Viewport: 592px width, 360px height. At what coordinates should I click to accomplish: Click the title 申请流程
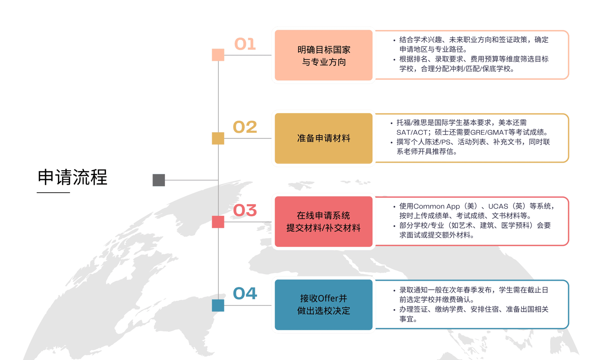72,177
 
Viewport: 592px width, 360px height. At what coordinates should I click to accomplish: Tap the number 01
245,44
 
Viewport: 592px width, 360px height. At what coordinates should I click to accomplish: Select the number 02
245,127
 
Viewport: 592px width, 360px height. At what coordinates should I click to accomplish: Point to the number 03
245,210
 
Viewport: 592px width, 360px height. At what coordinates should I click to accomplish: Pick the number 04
245,293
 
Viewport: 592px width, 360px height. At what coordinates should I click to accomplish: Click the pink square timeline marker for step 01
218,55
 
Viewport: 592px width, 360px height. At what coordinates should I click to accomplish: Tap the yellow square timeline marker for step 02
218,138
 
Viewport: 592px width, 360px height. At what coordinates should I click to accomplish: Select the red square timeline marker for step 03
218,222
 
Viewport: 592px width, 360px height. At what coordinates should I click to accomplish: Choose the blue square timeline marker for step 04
218,305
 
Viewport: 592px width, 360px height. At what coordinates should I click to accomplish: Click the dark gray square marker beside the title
159,180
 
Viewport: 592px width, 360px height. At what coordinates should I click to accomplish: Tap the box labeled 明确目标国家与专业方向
324,55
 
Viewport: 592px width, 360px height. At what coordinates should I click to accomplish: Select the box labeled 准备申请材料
324,138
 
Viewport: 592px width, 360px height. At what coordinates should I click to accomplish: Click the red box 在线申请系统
324,222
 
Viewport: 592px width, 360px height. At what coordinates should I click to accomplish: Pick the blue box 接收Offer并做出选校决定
324,305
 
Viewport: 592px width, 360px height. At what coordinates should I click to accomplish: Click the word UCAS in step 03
498,206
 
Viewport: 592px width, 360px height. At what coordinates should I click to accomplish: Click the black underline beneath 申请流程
53,192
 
